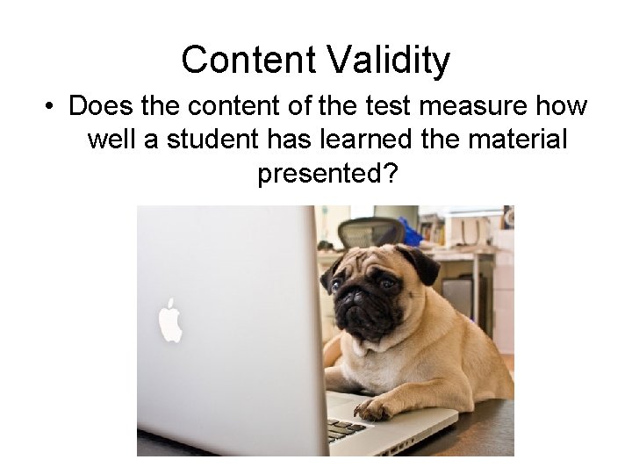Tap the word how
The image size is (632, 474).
[563, 107]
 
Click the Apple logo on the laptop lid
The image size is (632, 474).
[170, 320]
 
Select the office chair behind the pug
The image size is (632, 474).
[370, 233]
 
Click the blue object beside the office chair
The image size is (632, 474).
[410, 233]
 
